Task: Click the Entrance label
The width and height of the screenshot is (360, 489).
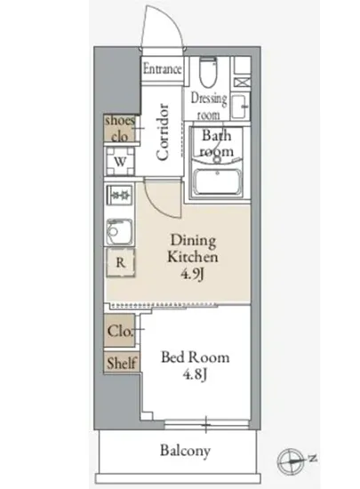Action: (x=162, y=68)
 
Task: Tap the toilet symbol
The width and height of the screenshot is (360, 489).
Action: (x=208, y=72)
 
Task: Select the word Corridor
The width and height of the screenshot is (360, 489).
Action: (x=163, y=132)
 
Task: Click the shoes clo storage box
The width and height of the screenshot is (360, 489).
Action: (x=120, y=128)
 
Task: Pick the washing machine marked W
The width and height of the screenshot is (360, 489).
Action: (x=120, y=161)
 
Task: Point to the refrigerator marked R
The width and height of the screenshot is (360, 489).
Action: (x=121, y=262)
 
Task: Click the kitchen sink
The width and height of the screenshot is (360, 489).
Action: (x=119, y=231)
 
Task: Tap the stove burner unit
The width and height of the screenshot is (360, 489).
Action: (x=120, y=196)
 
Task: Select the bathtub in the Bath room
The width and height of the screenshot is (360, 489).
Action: (x=217, y=182)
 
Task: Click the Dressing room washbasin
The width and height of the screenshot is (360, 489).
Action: (x=240, y=106)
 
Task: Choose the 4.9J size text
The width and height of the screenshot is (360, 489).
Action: (x=192, y=274)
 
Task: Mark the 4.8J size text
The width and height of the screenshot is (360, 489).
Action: (x=195, y=374)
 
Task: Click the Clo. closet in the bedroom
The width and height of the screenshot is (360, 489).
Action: (x=120, y=331)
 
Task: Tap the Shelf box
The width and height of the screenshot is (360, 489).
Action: (x=122, y=363)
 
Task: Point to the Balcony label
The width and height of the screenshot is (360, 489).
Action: (x=185, y=451)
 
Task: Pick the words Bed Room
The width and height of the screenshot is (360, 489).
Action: (x=196, y=357)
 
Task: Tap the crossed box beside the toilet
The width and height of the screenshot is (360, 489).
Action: (x=242, y=83)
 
